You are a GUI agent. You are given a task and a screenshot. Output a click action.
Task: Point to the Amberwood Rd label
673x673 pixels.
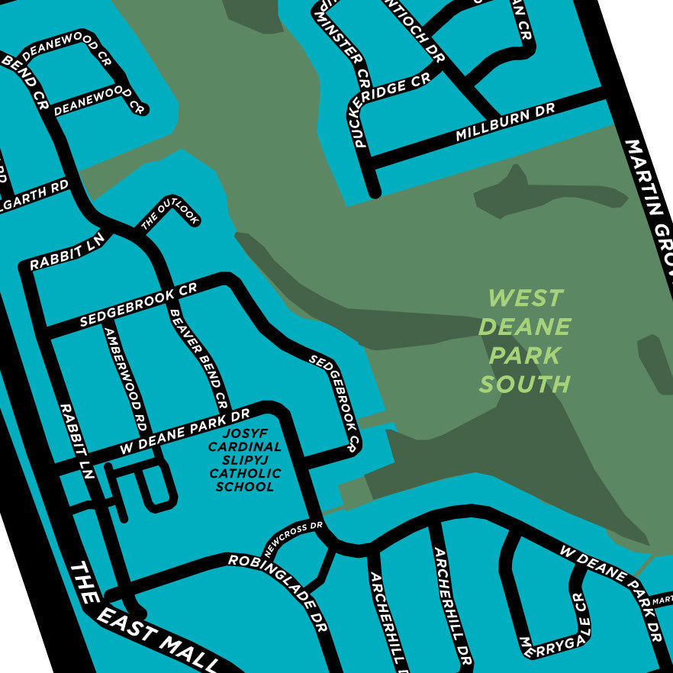125,378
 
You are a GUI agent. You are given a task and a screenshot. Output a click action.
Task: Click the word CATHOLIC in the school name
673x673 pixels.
245,474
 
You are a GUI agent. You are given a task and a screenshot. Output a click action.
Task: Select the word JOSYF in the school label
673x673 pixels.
228,433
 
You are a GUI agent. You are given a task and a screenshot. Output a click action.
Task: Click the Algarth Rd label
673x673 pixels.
34,198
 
